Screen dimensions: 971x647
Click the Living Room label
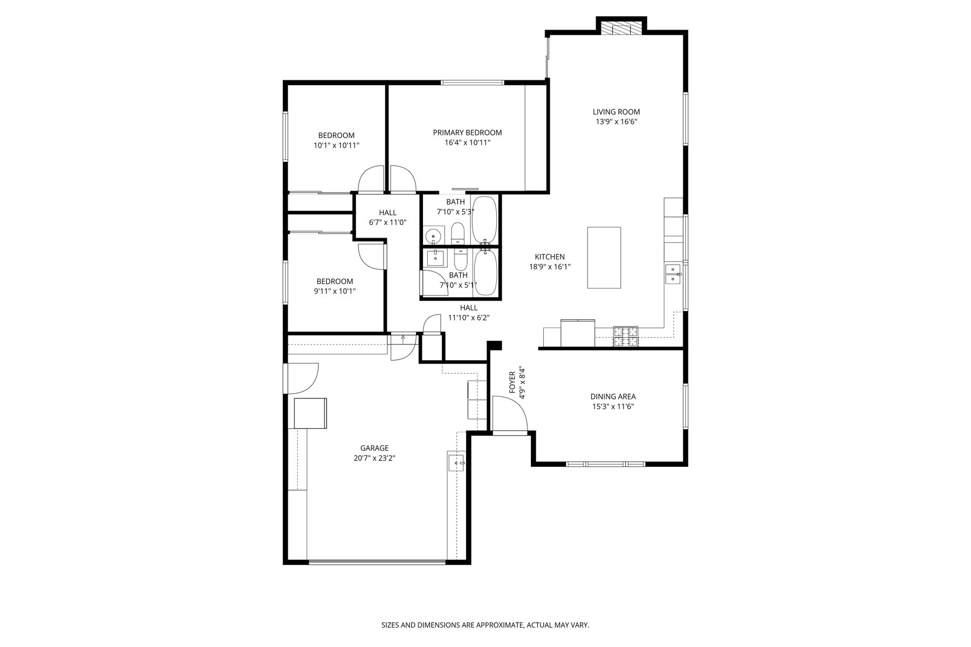coord(616,112)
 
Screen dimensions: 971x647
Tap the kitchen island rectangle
coord(604,258)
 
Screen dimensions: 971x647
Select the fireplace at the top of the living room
coord(621,28)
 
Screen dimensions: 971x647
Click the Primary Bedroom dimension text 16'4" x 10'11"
coord(467,143)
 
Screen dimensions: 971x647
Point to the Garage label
coord(374,448)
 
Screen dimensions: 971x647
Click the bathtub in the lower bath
coord(485,272)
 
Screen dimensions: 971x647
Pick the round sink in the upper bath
coord(433,236)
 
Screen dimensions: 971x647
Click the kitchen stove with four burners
coord(626,336)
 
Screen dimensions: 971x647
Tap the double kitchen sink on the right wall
coord(673,274)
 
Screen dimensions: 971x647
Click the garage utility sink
coord(456,463)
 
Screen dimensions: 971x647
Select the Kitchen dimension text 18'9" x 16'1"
coord(550,266)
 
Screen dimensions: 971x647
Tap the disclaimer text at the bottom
coord(485,625)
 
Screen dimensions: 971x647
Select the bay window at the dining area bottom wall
coord(605,464)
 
